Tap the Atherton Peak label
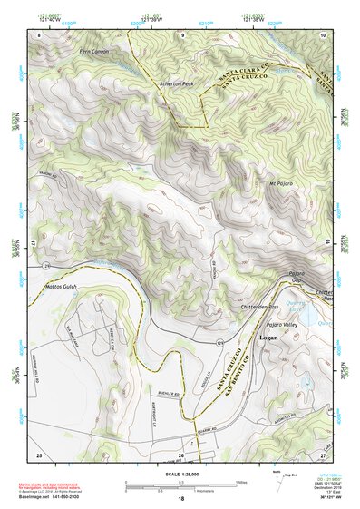click(176, 83)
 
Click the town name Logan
click(268, 338)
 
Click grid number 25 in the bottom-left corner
click(39, 454)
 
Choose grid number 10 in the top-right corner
click(322, 34)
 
